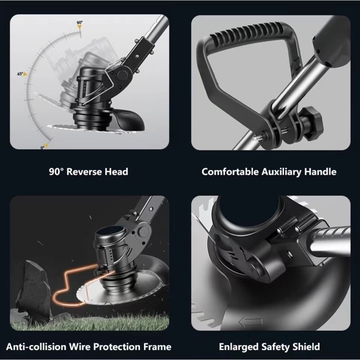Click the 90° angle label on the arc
(x=79, y=22)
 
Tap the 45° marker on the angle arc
(x=20, y=74)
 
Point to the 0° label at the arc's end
(x=42, y=147)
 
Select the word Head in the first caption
(x=116, y=172)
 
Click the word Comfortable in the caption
(x=230, y=172)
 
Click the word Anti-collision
(x=36, y=346)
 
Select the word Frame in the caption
(x=157, y=346)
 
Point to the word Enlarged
(x=239, y=347)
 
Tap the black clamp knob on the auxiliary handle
(x=312, y=124)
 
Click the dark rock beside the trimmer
(x=34, y=289)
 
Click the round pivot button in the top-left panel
(x=122, y=75)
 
